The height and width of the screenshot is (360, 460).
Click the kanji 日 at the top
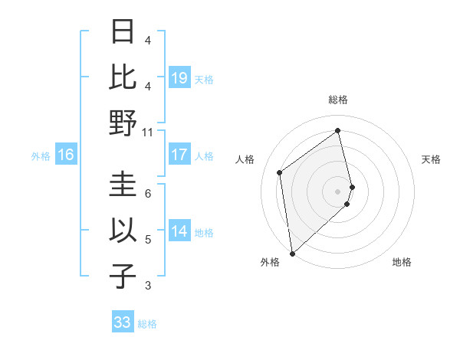point(123,32)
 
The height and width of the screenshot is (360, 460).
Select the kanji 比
point(123,77)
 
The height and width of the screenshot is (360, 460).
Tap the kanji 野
point(123,123)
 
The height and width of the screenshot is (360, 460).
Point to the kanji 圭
point(123,185)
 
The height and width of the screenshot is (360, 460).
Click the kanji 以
point(123,231)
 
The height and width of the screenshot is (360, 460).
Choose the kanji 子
point(123,276)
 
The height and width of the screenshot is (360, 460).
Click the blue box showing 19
point(179,77)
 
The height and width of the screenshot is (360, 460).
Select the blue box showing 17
point(179,155)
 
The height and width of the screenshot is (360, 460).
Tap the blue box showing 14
point(179,231)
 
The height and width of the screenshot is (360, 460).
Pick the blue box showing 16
point(66,155)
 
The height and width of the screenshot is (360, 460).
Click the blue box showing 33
point(123,322)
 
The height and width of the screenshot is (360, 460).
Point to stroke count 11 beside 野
point(148,133)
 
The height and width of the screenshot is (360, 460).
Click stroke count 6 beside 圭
point(148,194)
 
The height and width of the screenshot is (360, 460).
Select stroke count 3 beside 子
point(148,286)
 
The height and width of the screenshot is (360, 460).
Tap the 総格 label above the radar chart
point(337,100)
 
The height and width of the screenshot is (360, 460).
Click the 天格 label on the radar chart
point(431,159)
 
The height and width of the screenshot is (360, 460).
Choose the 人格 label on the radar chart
point(245,159)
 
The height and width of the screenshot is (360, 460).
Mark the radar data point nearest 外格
point(292,253)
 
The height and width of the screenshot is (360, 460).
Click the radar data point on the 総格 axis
point(337,131)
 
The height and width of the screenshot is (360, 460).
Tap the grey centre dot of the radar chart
point(337,191)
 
